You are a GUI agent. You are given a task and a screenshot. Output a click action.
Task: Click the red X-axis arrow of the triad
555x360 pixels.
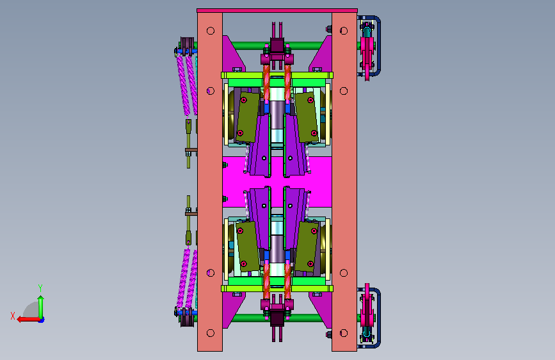click(28, 319)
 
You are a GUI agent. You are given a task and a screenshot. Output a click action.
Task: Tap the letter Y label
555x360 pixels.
click(40, 288)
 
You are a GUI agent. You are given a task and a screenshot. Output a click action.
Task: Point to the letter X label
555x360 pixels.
click(13, 316)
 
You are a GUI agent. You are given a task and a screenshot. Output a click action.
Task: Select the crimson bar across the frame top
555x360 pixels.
click(277, 11)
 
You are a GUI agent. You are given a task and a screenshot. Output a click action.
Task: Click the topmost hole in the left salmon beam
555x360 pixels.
click(210, 31)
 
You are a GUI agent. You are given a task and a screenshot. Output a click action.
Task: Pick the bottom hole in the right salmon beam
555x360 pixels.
click(344, 333)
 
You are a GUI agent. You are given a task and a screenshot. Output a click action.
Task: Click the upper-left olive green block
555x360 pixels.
click(248, 117)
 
